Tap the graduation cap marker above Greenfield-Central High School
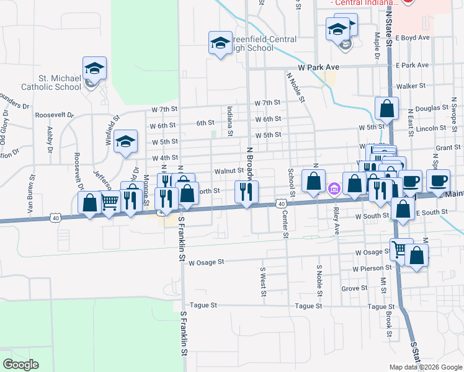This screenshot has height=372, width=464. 220,43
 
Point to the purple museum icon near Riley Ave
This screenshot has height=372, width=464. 333,188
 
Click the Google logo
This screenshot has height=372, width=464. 20,365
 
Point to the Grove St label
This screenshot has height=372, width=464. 354,289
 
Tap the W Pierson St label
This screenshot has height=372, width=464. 372,269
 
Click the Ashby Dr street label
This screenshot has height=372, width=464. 50,140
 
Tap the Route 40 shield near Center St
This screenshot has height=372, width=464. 281,203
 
